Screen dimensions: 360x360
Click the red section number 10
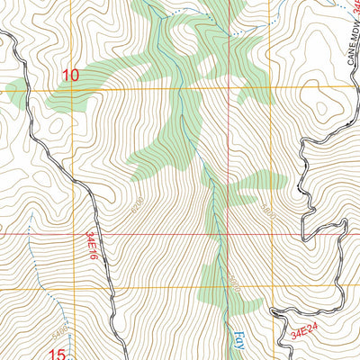pos(71,75)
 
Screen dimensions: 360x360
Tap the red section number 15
pos(56,355)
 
